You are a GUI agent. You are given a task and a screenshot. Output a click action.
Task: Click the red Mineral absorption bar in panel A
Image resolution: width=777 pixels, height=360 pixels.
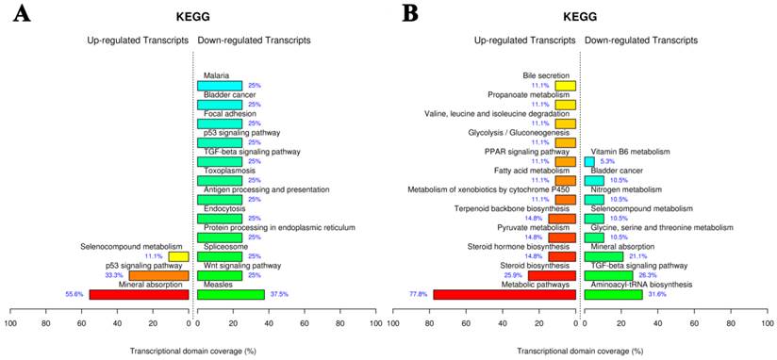pos(140,294)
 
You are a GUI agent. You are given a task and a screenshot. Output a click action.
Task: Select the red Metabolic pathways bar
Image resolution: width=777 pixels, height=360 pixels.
pos(504,294)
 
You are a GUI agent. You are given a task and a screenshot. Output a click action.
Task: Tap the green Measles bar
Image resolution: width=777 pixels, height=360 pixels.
pos(231,294)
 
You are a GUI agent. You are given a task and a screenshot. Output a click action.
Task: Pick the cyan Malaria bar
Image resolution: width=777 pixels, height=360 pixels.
pos(220,86)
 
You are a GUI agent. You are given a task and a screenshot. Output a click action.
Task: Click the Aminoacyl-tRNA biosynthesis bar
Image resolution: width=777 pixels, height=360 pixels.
pos(613,294)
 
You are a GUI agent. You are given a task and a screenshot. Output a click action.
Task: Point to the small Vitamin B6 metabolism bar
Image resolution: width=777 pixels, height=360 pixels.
pos(589,161)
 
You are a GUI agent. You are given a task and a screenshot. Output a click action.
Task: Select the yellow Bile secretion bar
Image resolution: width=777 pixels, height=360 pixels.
pos(565,86)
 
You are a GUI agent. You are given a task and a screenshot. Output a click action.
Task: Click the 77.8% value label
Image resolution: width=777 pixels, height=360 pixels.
pos(417,294)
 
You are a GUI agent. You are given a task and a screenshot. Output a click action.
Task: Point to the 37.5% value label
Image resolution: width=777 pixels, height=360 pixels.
pos(279,294)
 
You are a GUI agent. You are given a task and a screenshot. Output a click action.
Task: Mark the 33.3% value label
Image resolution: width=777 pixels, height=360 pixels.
pos(115,275)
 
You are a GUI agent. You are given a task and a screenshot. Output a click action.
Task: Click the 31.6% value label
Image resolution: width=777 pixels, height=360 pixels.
pos(656,294)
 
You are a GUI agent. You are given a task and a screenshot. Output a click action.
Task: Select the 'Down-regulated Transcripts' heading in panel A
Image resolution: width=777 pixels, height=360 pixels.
pos(254,41)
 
